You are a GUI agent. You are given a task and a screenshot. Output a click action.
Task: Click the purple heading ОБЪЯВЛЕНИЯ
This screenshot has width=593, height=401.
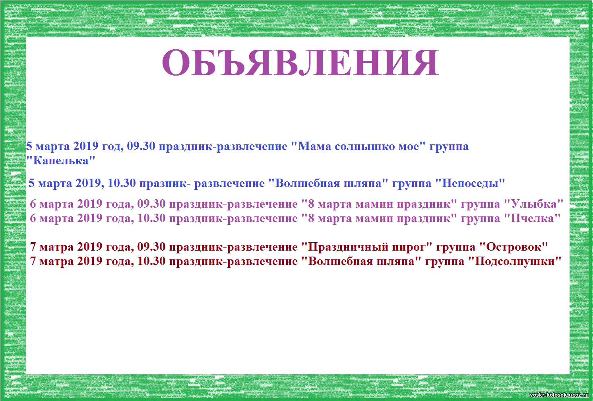coord(300,62)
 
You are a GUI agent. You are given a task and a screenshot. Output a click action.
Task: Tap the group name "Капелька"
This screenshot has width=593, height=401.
coord(61,161)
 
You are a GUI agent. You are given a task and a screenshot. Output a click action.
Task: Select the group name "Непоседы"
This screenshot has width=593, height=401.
coord(470,183)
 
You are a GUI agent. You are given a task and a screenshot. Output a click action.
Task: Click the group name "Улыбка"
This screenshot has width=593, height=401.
coord(534,204)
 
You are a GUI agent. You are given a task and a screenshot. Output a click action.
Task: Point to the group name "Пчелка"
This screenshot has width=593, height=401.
coord(532,218)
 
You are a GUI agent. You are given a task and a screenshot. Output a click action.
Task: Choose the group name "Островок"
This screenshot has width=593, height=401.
coord(514,247)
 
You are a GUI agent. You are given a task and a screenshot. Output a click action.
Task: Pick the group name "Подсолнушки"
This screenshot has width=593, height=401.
coord(515,261)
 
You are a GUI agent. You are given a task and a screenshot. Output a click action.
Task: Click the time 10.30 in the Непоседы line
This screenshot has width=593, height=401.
coord(122,183)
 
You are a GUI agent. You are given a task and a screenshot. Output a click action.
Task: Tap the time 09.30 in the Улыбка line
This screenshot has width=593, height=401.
coord(151,204)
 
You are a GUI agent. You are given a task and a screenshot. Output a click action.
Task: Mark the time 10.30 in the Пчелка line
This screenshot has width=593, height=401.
coord(151,218)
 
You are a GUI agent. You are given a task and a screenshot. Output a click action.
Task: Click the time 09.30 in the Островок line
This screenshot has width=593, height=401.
coord(151,247)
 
